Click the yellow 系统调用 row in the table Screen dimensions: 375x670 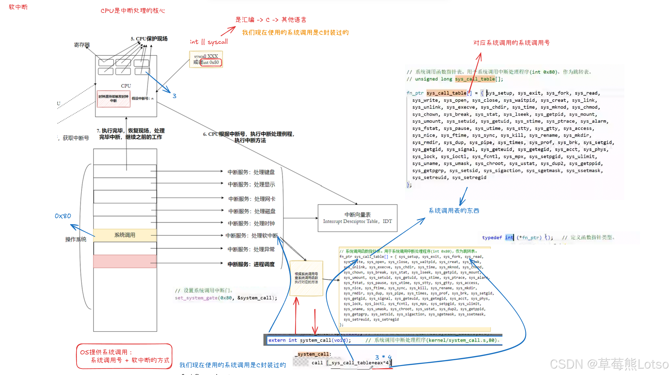125,235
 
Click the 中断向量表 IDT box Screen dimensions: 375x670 357,218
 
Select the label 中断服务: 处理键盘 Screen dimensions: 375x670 251,172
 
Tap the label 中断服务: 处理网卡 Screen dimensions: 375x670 252,199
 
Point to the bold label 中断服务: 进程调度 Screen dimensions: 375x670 251,264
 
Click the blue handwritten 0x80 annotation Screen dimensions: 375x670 63,216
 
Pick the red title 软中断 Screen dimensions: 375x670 18,7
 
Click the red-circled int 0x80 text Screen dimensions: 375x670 211,62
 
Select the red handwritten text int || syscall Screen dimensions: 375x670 209,42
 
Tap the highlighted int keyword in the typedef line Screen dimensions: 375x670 509,237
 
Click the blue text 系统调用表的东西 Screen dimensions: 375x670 454,211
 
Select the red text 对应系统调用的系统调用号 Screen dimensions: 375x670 511,43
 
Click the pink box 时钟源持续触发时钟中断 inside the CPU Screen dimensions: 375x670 114,98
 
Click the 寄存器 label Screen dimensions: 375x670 82,45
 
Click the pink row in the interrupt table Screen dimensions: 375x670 125,261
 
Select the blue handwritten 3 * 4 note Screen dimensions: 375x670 383,357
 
